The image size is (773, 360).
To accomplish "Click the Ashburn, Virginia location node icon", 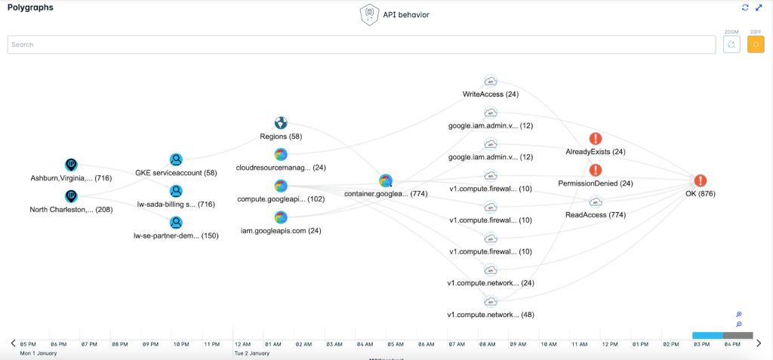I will (71, 164).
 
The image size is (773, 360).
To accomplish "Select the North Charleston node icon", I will (71, 196).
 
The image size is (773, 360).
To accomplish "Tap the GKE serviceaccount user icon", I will (176, 159).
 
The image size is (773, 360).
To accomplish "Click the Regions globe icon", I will (280, 123).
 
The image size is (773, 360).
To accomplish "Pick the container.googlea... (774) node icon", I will (386, 180).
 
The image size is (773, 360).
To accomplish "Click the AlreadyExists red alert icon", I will (596, 139).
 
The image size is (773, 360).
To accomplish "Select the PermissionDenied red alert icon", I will (596, 170).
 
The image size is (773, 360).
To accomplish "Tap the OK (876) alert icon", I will (701, 180).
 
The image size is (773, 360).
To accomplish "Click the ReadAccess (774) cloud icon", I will (596, 202).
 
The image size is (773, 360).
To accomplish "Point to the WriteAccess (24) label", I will (491, 94).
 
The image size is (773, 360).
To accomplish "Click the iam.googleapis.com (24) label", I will (280, 231).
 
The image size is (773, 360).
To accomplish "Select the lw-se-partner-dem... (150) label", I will (176, 235).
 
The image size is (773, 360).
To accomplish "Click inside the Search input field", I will (362, 45).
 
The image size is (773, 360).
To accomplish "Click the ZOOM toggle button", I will (731, 45).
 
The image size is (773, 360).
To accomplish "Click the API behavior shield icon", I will (368, 15).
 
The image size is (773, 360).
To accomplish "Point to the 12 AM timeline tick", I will (242, 343).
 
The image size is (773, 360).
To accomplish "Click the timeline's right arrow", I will (759, 343).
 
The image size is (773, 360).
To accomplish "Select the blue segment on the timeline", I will (707, 334).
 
